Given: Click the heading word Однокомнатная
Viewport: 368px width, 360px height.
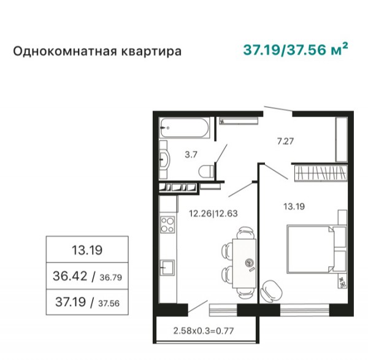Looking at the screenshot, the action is pyautogui.click(x=65, y=51).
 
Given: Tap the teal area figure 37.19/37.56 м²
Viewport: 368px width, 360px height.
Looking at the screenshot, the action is pyautogui.click(x=295, y=50).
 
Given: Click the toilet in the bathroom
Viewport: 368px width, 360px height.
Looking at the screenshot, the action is pyautogui.click(x=206, y=171).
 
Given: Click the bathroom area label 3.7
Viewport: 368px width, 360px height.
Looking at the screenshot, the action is pyautogui.click(x=191, y=155).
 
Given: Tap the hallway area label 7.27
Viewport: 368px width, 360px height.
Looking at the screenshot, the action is pyautogui.click(x=285, y=141).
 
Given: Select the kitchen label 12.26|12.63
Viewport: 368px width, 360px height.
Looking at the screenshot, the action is pyautogui.click(x=213, y=213).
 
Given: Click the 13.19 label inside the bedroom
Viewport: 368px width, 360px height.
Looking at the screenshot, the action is pyautogui.click(x=294, y=207).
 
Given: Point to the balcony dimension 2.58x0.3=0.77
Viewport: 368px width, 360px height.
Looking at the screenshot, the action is pyautogui.click(x=204, y=331).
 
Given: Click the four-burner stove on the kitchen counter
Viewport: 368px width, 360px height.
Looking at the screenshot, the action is pyautogui.click(x=167, y=225).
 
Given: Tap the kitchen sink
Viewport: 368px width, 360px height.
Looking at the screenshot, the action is pyautogui.click(x=167, y=267).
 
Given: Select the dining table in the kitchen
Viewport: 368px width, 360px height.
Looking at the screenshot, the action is pyautogui.click(x=244, y=263).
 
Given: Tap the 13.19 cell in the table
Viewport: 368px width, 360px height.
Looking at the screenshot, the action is pyautogui.click(x=87, y=250).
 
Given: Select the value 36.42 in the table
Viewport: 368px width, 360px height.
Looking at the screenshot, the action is pyautogui.click(x=70, y=276).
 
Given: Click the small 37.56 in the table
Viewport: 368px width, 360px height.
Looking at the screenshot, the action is pyautogui.click(x=109, y=304).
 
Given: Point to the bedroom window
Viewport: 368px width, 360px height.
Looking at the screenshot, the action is pyautogui.click(x=305, y=310).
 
